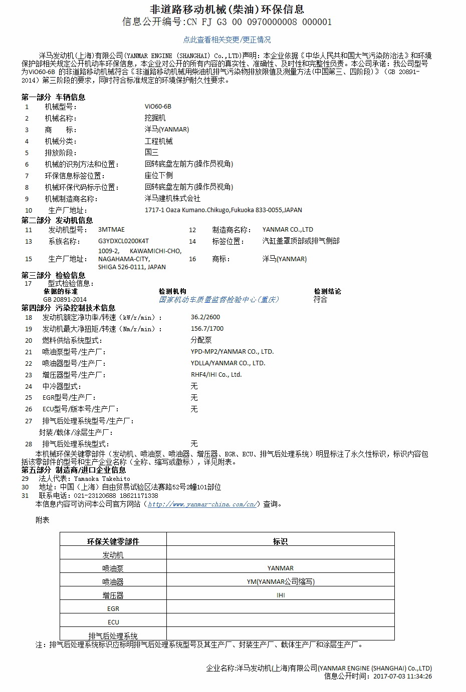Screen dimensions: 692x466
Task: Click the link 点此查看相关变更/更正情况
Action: tap(227, 40)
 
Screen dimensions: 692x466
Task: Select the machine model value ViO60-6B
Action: tap(158, 106)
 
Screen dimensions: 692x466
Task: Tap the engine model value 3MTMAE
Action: tap(111, 230)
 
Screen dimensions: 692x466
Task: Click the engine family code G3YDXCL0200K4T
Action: tap(123, 241)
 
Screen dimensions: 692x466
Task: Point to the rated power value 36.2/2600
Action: tap(205, 317)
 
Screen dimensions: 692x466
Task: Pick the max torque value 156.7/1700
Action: tap(207, 329)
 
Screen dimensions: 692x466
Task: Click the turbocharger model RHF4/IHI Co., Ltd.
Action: tap(216, 375)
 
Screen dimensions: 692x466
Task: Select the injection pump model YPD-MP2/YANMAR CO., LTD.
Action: tap(232, 352)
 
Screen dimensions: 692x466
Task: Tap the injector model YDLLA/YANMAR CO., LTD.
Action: tap(228, 363)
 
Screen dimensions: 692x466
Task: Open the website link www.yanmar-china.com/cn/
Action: tap(203, 504)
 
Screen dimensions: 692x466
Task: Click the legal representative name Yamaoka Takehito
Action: tap(102, 479)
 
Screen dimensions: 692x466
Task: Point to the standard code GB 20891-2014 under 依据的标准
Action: tap(65, 300)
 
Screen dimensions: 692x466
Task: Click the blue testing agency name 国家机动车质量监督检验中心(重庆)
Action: tap(218, 300)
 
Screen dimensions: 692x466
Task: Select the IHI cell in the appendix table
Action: tap(281, 595)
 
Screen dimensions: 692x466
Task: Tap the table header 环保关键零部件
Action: tap(113, 541)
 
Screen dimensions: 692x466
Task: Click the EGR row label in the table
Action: tap(113, 609)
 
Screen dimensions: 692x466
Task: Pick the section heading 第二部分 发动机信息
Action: tap(57, 220)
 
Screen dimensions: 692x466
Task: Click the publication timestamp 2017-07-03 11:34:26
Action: tap(403, 676)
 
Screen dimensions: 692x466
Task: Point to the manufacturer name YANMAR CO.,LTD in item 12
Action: tap(288, 230)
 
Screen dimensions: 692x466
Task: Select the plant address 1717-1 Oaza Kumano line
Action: tap(223, 210)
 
